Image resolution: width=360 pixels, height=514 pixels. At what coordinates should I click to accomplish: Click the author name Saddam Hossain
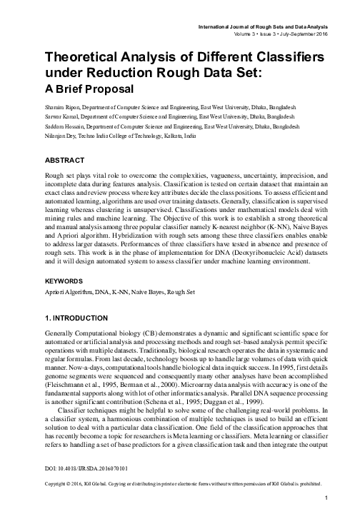pyautogui.click(x=64, y=125)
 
